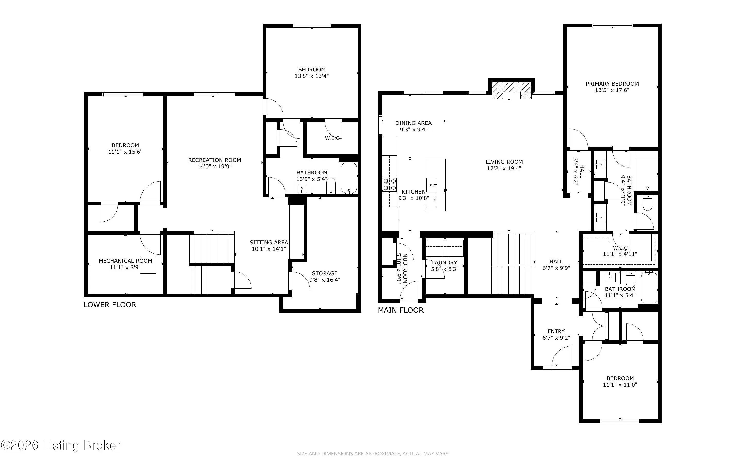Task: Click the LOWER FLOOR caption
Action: point(110,305)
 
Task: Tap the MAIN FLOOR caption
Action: point(401,310)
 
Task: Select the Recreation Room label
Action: point(214,160)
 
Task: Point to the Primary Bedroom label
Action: point(612,84)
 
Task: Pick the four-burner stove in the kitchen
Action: point(389,185)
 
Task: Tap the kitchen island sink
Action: point(432,185)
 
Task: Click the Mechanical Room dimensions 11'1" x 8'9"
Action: point(125,267)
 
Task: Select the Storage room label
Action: point(325,273)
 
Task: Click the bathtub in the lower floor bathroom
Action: point(349,178)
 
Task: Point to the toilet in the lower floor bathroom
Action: point(331,186)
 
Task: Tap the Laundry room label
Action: point(444,263)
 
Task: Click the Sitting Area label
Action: point(269,243)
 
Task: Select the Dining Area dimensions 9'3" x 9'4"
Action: point(413,129)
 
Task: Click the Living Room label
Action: point(504,162)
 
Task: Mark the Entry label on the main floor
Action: point(556,331)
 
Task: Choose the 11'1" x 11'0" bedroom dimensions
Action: point(620,385)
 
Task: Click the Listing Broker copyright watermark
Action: point(60,445)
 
